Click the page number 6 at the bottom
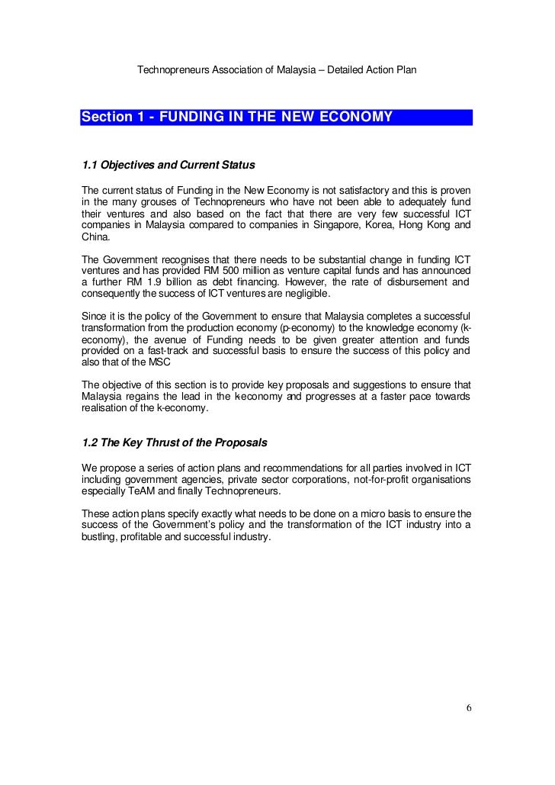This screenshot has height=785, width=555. coord(469,708)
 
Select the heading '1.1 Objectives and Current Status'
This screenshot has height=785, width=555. coord(168,165)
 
